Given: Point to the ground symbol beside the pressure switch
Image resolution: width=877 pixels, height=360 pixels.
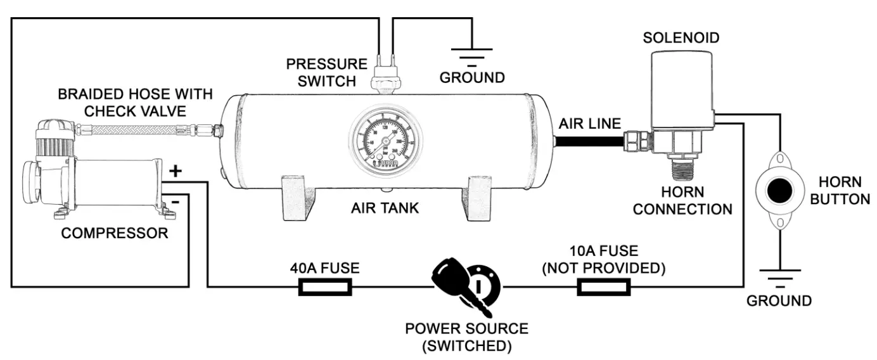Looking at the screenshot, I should point(471,60).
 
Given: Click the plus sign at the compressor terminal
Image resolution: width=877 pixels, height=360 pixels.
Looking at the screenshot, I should point(176,171).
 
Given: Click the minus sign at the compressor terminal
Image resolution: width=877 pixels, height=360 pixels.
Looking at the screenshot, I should point(174,203).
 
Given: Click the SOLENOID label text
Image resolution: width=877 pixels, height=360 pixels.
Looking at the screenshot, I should point(681,38).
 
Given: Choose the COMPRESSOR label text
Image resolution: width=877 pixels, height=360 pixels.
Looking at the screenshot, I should point(115,233).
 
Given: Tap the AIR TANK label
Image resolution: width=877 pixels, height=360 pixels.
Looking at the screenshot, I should point(385,208).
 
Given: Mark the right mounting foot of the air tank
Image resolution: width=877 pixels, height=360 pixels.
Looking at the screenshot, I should point(481,198).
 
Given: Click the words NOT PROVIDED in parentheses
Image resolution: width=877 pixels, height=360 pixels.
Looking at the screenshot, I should point(603,269).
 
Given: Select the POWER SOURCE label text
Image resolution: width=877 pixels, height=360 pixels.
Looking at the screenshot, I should point(467,329).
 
